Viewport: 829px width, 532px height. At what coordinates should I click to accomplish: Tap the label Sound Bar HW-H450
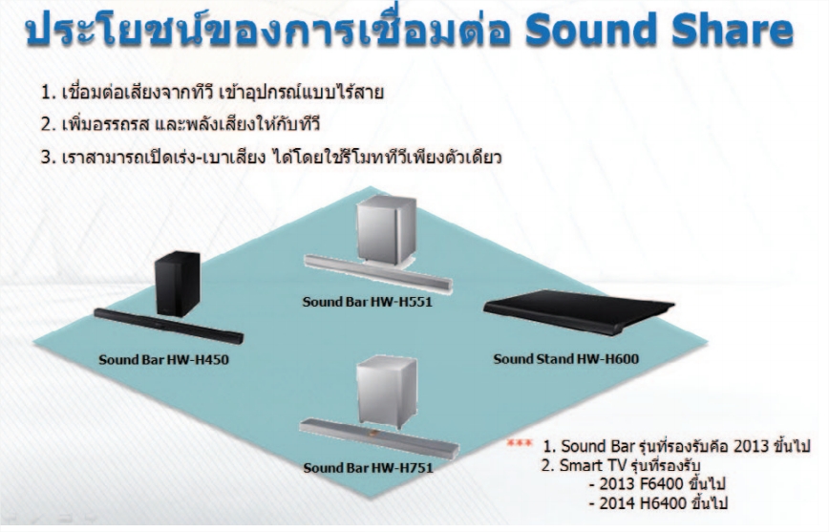(x=163, y=360)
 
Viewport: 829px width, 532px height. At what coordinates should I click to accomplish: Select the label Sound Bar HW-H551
(x=368, y=302)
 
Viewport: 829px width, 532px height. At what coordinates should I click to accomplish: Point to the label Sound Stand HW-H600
(x=565, y=359)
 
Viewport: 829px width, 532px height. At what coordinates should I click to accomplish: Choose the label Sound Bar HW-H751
(x=368, y=468)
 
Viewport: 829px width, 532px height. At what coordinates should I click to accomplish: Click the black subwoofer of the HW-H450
(x=178, y=284)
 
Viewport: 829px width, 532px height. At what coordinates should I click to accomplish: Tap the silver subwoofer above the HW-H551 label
(x=386, y=230)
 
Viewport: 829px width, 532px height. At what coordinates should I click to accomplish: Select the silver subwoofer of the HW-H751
(x=387, y=392)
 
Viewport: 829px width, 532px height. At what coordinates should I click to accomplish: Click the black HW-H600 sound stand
(x=579, y=311)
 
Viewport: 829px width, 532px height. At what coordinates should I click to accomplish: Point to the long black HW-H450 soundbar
(x=169, y=327)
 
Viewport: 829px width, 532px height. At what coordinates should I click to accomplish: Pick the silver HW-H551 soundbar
(x=378, y=273)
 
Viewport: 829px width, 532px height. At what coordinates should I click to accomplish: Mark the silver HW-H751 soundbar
(x=379, y=438)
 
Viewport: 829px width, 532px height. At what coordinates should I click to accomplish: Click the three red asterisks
(x=520, y=443)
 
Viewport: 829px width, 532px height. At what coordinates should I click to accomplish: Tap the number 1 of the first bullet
(x=46, y=93)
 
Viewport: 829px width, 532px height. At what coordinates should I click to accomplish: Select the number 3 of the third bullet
(x=46, y=158)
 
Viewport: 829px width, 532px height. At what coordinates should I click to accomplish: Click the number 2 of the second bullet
(x=46, y=125)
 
